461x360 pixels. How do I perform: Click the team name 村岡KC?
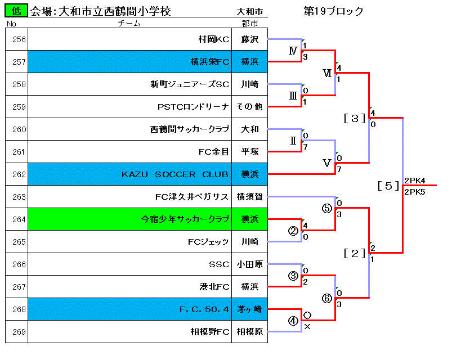coord(214,39)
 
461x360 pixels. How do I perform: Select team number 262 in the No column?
coord(19,174)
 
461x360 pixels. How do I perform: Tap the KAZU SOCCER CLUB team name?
coord(175,174)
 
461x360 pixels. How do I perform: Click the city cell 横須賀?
coord(249,197)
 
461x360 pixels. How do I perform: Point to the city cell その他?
coord(249,107)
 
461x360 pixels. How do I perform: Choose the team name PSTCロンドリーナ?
coord(193,107)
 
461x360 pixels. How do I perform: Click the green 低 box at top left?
coord(16,11)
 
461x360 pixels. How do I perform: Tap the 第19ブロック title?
coord(333,11)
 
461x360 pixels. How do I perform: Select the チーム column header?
coord(129,23)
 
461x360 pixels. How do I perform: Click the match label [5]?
coord(388,186)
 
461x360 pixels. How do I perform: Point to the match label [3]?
coord(355,118)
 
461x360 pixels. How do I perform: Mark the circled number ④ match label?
coord(293,321)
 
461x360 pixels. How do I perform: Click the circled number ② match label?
coord(293,231)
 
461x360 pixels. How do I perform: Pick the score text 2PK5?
coord(414,192)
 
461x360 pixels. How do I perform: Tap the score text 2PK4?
coord(414,181)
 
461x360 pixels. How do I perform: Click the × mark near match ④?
coord(307,326)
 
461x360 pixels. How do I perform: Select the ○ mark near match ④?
coord(307,316)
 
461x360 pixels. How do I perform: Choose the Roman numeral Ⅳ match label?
coord(293,51)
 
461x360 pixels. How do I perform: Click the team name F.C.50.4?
coord(204,309)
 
